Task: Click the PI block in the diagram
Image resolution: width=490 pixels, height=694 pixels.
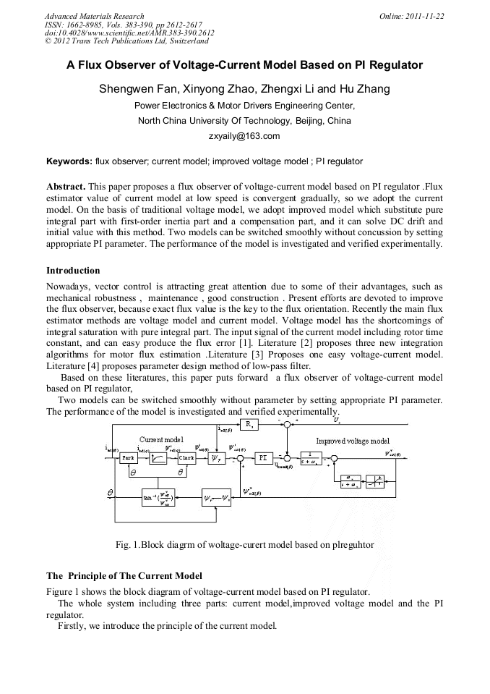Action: coord(262,457)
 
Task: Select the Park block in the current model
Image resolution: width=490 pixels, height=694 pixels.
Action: coord(129,458)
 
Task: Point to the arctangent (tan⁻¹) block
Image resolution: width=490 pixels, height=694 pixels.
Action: coord(162,499)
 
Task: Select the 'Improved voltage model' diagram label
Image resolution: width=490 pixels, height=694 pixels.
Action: coord(352,441)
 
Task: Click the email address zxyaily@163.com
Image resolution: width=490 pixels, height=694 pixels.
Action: coord(244,135)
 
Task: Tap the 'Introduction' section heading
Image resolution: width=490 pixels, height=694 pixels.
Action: coord(73,271)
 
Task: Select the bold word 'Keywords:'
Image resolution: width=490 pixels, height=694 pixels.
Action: coord(69,161)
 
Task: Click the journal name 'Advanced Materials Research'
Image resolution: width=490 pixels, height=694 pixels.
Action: coord(94,16)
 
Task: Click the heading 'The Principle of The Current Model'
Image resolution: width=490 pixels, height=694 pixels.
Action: coord(124,576)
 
